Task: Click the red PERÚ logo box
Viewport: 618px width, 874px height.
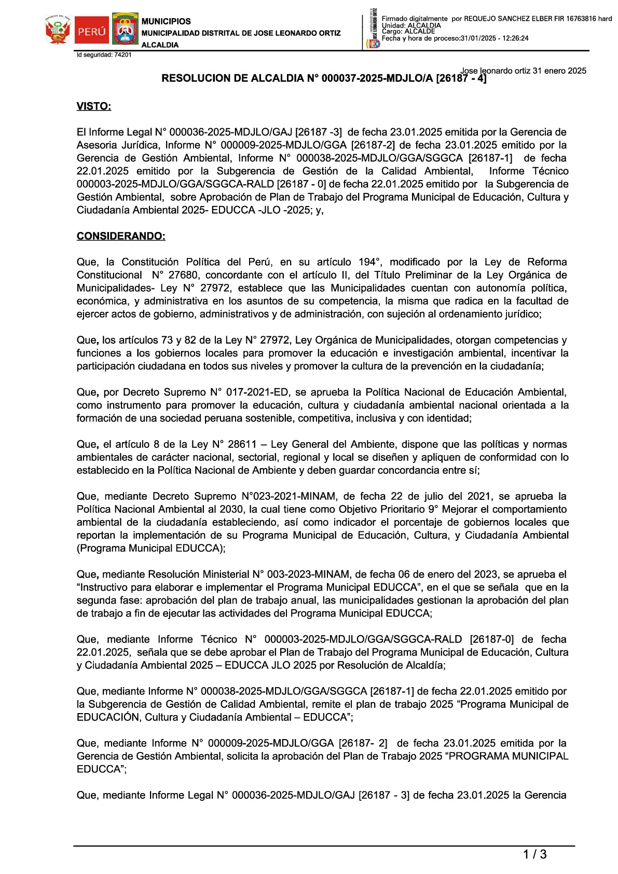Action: click(91, 31)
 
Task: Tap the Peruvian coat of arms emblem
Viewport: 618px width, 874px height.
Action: click(58, 30)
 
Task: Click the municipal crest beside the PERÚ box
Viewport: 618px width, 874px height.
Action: click(125, 30)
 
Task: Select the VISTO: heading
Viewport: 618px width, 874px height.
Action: click(94, 106)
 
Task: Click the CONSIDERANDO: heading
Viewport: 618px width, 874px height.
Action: click(121, 236)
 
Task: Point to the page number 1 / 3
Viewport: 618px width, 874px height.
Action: click(534, 854)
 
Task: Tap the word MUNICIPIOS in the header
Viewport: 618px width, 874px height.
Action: click(166, 21)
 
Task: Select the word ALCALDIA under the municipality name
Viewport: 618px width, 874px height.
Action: click(160, 45)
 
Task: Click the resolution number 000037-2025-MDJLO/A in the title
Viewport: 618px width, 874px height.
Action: click(377, 78)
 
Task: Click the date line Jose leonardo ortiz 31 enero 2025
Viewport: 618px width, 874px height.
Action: click(523, 71)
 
